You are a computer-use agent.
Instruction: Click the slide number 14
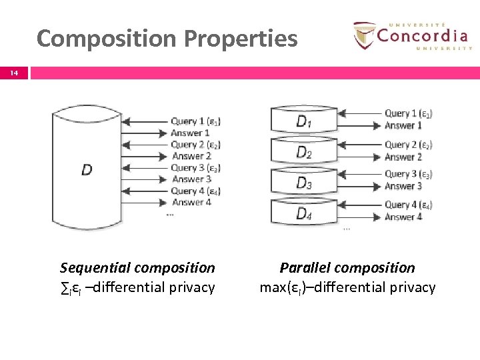(x=14, y=73)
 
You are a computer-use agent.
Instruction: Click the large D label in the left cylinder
(x=87, y=170)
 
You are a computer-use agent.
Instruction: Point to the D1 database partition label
(x=303, y=121)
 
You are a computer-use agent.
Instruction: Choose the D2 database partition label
(x=303, y=153)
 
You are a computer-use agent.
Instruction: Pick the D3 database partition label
(x=303, y=183)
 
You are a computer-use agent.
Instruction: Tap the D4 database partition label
(x=303, y=213)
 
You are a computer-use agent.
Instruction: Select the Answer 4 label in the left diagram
(x=191, y=202)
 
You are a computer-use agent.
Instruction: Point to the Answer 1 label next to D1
(x=403, y=125)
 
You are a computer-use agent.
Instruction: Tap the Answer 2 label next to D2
(x=403, y=157)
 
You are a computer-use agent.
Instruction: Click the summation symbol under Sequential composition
(x=64, y=288)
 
